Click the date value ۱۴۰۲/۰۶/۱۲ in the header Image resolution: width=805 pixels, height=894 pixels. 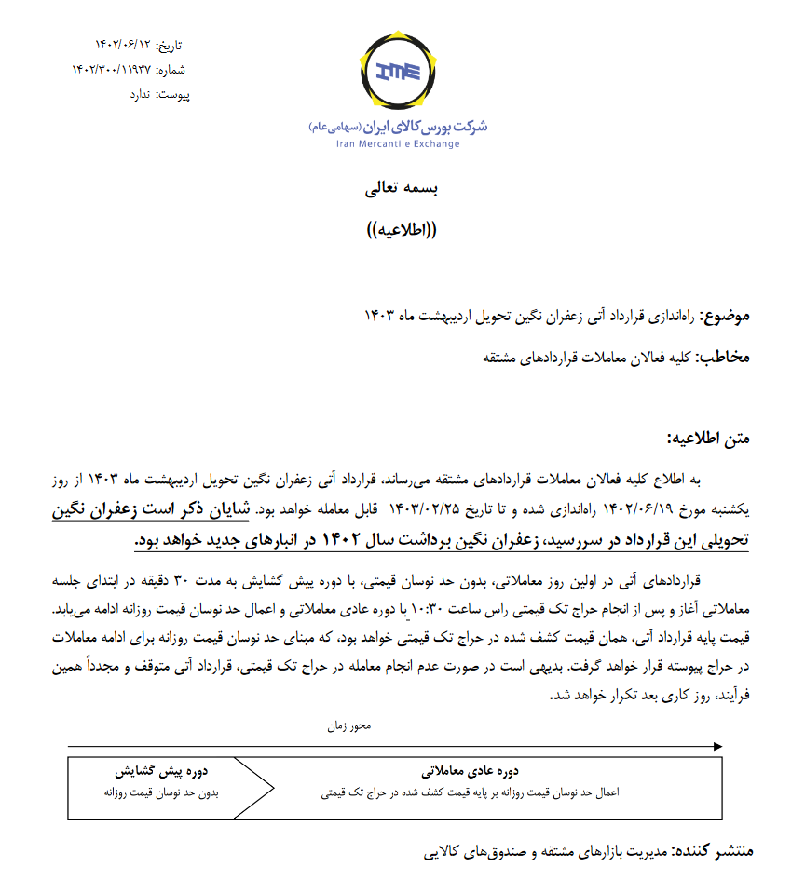click(122, 45)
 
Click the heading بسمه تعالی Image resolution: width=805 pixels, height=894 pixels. click(401, 188)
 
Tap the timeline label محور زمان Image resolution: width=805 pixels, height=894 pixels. click(348, 725)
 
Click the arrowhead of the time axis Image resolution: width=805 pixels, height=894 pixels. click(716, 747)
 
